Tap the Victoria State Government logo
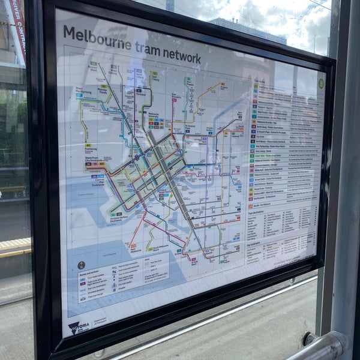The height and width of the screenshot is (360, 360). coord(79,327)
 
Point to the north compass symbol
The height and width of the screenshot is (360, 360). coord(81,265)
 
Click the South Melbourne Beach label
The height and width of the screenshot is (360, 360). coord(161,247)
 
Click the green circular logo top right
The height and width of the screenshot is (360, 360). coord(321,84)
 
